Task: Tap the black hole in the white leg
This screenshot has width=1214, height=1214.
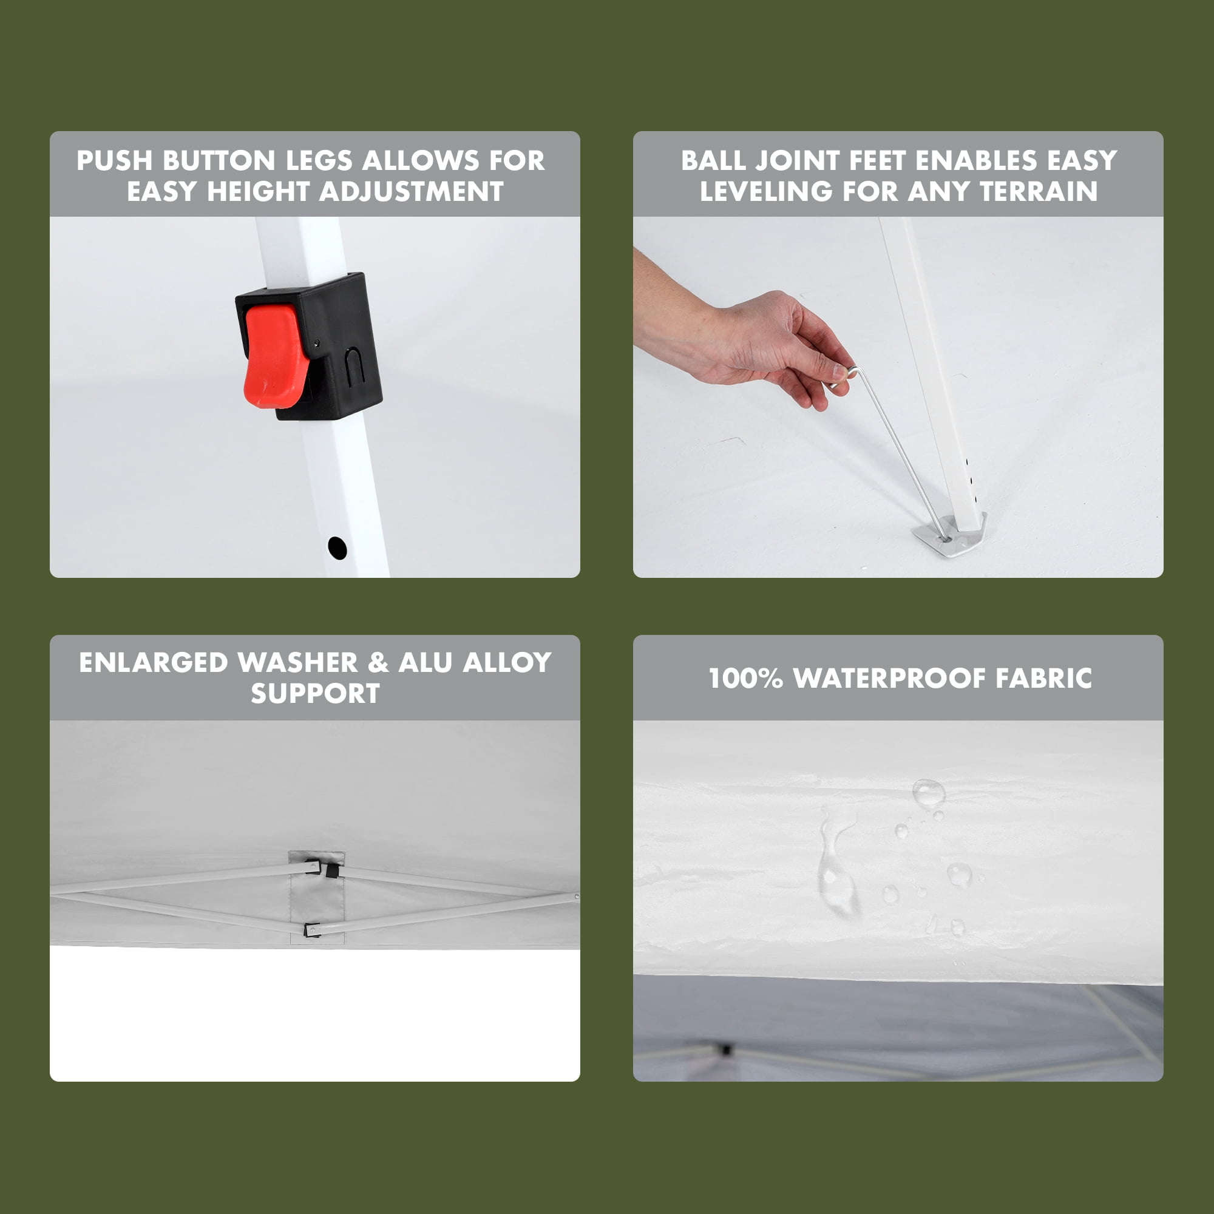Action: click(x=337, y=548)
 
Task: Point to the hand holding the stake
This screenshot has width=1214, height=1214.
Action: click(x=754, y=342)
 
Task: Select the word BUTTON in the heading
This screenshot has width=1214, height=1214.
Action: click(x=219, y=160)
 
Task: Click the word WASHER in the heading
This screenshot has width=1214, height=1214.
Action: click(x=298, y=662)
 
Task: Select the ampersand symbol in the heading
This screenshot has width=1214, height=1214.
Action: click(x=378, y=662)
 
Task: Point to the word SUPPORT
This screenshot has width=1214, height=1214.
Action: click(x=316, y=693)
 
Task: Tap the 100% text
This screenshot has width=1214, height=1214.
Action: click(x=746, y=678)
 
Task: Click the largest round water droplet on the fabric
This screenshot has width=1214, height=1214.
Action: click(x=928, y=793)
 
